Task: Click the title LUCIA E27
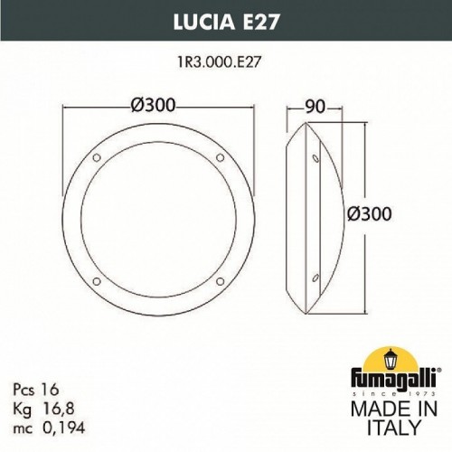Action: coord(226,22)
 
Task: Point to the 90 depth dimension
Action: coord(315,106)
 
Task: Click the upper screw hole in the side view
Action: coord(315,160)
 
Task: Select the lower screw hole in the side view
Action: coord(315,277)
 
